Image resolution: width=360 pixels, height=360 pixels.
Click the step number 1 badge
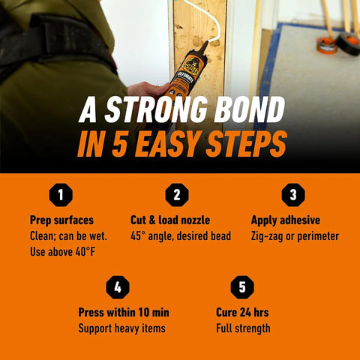(61, 195)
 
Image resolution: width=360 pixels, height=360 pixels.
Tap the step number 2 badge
(177, 195)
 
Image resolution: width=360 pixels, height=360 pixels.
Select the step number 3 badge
(293, 195)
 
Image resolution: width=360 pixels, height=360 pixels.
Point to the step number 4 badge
(118, 287)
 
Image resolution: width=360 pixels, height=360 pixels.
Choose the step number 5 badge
(242, 287)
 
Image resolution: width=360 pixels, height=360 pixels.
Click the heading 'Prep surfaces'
(61, 220)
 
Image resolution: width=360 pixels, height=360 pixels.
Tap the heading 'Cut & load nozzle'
(170, 220)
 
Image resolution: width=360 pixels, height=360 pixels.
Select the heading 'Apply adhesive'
(286, 220)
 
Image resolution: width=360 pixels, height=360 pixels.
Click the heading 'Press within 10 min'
(124, 312)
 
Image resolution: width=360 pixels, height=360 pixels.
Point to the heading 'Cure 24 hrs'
(242, 312)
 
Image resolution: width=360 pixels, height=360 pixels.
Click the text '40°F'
(85, 251)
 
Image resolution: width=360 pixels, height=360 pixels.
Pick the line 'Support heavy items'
(122, 328)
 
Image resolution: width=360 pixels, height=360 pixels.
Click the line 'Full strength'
(243, 328)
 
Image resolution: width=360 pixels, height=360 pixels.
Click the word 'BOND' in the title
(250, 109)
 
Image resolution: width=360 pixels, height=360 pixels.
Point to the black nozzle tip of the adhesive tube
(205, 45)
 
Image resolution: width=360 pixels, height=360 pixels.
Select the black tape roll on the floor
(348, 43)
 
